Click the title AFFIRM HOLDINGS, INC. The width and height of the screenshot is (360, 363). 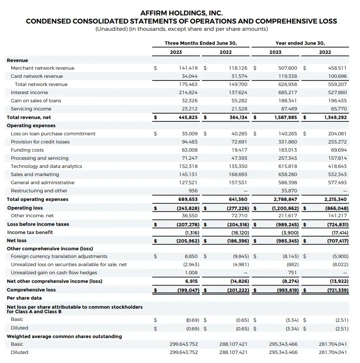click(181, 13)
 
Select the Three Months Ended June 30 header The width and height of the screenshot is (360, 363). click(200, 43)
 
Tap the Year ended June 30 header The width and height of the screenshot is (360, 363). click(300, 43)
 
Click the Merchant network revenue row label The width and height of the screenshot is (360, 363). click(43, 68)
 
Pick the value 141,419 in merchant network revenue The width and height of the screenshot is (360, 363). click(187, 68)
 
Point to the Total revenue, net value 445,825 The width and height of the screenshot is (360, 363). click(186, 117)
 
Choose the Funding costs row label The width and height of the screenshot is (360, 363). click(27, 150)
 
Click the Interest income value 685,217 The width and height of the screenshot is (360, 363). click(286, 92)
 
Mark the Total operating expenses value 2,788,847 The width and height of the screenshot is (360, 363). click(286, 199)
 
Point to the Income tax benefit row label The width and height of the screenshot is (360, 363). click(30, 232)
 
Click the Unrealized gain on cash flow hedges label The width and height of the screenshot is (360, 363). click(54, 272)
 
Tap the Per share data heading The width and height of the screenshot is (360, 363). click(24, 298)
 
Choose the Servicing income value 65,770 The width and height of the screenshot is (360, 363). click(339, 109)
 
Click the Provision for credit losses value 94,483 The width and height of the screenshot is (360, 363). click(189, 142)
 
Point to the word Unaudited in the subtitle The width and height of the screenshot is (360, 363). click(110, 29)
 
